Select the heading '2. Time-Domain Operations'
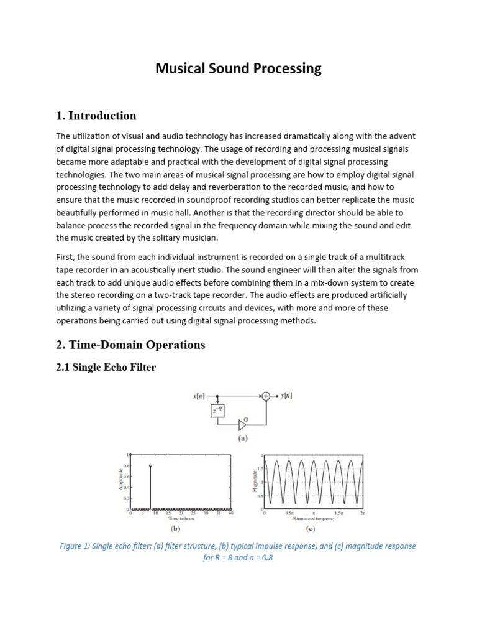(x=130, y=345)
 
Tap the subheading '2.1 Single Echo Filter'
(x=106, y=368)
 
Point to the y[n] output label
(x=288, y=395)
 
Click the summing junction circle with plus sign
(x=266, y=395)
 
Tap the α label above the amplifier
(x=246, y=418)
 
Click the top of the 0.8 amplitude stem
(x=150, y=465)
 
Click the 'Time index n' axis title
(x=179, y=518)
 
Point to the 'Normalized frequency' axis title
(x=314, y=518)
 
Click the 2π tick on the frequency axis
(x=362, y=513)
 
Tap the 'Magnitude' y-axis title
(x=254, y=481)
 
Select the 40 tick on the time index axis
(x=230, y=513)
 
